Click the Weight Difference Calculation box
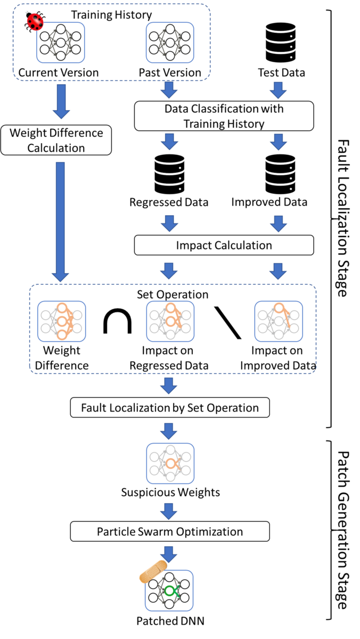pyautogui.click(x=56, y=140)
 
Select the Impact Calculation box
pyautogui.click(x=224, y=245)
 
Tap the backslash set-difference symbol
pyautogui.click(x=228, y=322)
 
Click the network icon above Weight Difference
pyautogui.click(x=62, y=321)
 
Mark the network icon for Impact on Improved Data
pyautogui.click(x=278, y=321)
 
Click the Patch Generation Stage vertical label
pyautogui.click(x=343, y=530)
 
